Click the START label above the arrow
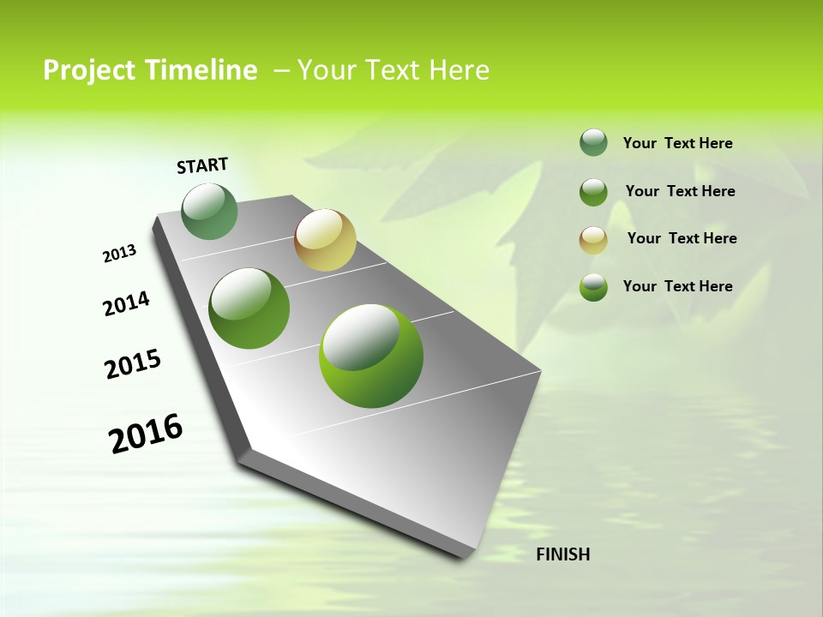[202, 165]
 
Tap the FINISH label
[562, 554]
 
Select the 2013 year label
[119, 254]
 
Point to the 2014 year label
[126, 304]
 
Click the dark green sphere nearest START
[209, 212]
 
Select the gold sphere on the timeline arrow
[325, 240]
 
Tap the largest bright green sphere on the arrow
[371, 356]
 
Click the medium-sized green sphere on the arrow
[249, 308]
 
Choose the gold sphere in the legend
[593, 240]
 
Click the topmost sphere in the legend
[593, 143]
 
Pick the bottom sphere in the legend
[593, 287]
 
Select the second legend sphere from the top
[593, 192]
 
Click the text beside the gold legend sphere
[682, 238]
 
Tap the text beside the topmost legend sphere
[677, 143]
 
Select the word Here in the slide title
[459, 70]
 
